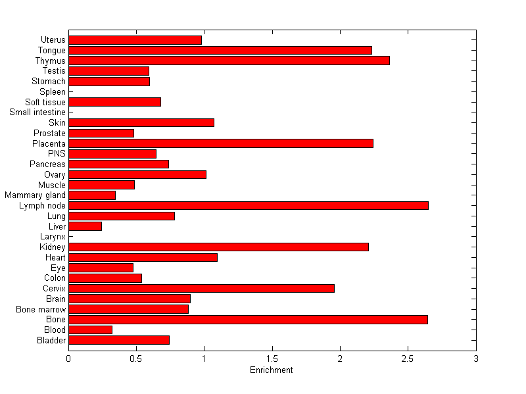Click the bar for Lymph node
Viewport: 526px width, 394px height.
(x=249, y=206)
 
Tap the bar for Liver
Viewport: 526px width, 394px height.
(x=85, y=226)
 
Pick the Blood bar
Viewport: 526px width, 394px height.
(x=90, y=330)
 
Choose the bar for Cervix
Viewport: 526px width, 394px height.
(x=201, y=288)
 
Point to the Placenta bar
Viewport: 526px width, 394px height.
(x=221, y=143)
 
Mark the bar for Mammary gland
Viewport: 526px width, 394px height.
(x=92, y=195)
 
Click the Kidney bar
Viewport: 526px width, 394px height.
(x=218, y=247)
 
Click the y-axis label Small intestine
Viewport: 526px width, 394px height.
(x=37, y=112)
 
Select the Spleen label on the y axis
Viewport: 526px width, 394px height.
(x=53, y=92)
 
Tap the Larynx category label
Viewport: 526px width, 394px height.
(x=53, y=237)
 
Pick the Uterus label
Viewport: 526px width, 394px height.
(x=53, y=40)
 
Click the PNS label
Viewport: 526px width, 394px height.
(x=57, y=154)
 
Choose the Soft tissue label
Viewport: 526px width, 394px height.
(x=45, y=102)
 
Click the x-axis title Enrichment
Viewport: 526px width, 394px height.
(x=271, y=370)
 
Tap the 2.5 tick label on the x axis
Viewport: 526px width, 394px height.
(x=408, y=358)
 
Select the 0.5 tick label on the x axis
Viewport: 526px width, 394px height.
(x=136, y=358)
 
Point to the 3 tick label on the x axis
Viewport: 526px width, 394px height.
(x=475, y=358)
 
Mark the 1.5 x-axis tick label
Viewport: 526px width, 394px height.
(x=272, y=358)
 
